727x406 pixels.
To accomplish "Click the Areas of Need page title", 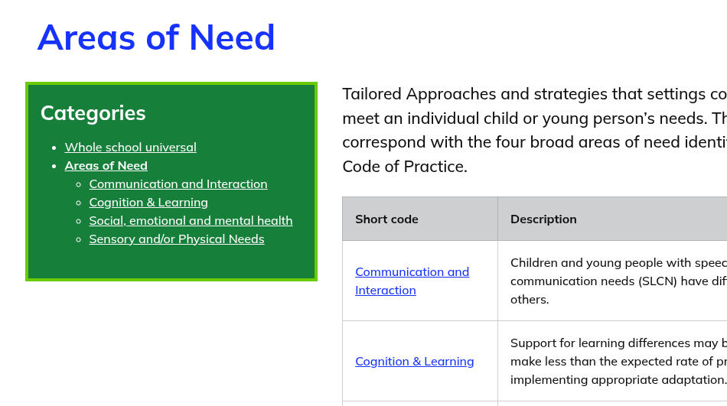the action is pyautogui.click(x=156, y=37).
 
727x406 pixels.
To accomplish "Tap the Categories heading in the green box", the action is pyautogui.click(x=93, y=113).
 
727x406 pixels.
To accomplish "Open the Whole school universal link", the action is pyautogui.click(x=131, y=148).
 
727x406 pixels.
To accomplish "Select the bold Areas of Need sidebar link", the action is pyautogui.click(x=106, y=165).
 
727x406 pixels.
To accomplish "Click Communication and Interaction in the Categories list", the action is pyautogui.click(x=178, y=184).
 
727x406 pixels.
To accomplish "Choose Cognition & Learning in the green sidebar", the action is pyautogui.click(x=148, y=203).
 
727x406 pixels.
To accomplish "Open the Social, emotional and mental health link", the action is pyautogui.click(x=191, y=221).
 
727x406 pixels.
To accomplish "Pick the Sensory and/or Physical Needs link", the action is pyautogui.click(x=177, y=239).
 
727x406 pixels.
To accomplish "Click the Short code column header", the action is pyautogui.click(x=386, y=219).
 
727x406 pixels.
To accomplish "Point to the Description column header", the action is pyautogui.click(x=543, y=219).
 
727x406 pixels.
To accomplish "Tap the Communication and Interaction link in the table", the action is pyautogui.click(x=412, y=281).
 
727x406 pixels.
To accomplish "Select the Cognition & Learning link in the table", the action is pyautogui.click(x=415, y=362).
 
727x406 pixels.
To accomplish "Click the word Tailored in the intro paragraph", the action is pyautogui.click(x=372, y=94).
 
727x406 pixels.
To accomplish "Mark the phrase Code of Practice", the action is pyautogui.click(x=404, y=167).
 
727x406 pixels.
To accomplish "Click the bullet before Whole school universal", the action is pyautogui.click(x=54, y=148).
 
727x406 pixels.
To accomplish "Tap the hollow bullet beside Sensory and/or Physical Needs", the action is pyautogui.click(x=79, y=239).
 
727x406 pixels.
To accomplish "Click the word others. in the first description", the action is pyautogui.click(x=530, y=300).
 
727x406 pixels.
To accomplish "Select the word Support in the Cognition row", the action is pyautogui.click(x=533, y=343).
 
